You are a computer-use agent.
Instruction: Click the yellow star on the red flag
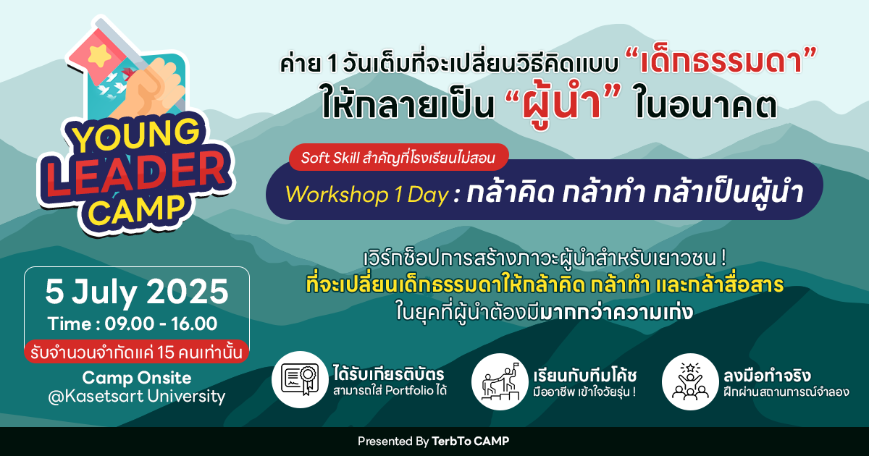99,55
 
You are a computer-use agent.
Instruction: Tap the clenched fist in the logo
154,88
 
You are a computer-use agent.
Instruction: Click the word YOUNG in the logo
136,134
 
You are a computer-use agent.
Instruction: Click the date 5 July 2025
137,292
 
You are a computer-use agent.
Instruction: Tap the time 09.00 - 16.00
161,324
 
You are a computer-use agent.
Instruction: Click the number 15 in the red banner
166,352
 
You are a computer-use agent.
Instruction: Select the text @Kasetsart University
137,397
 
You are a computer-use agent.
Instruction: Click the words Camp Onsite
137,377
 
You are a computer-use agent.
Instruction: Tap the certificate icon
301,379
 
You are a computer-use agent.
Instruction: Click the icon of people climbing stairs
500,381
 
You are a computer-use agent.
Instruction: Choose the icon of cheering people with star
690,381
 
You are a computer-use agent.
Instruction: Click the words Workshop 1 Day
367,194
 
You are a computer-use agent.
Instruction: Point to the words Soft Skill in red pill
330,158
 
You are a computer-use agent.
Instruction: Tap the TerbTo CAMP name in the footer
470,441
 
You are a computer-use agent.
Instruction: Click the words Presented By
393,442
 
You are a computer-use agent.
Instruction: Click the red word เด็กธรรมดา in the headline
721,62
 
